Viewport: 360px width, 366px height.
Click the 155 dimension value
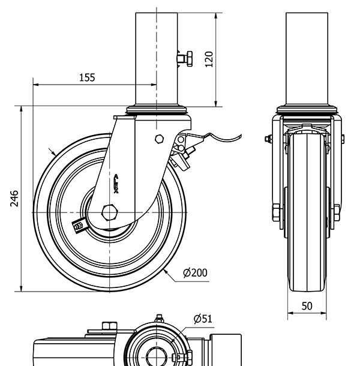(x=86, y=77)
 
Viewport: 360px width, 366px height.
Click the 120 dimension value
(x=209, y=59)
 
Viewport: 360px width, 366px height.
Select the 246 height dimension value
(x=14, y=199)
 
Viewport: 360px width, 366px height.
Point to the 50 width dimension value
(x=307, y=305)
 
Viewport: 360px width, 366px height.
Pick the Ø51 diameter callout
(x=203, y=319)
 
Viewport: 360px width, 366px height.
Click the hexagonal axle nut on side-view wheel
(x=110, y=213)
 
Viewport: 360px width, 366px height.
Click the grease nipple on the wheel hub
(x=78, y=225)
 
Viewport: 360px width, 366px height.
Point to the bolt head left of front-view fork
(x=266, y=140)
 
